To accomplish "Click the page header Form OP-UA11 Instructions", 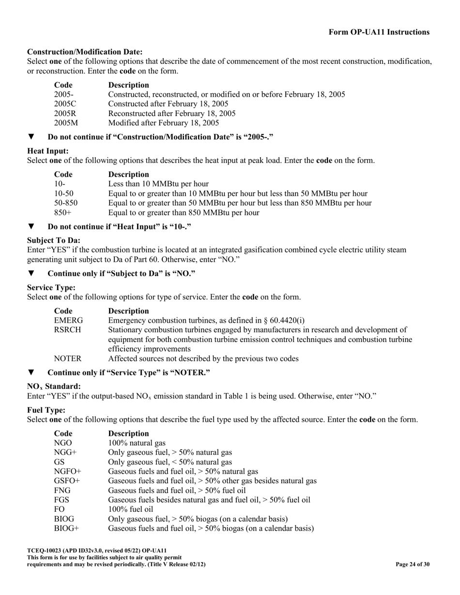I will [379, 32].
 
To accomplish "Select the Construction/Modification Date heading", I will [85, 52].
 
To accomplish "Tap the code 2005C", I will [65, 104].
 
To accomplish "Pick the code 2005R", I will [65, 114].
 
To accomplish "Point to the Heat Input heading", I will [48, 151].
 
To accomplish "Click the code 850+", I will [62, 213].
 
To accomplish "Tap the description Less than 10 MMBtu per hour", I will [158, 184].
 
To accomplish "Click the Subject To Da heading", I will [54, 241].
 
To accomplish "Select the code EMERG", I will [68, 321].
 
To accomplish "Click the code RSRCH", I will [67, 330].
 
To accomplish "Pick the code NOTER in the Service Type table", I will [67, 359].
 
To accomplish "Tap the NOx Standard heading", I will [54, 387].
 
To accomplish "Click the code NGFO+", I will [67, 472].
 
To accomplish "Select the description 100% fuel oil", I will [131, 509].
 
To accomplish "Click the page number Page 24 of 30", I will [412, 565].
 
